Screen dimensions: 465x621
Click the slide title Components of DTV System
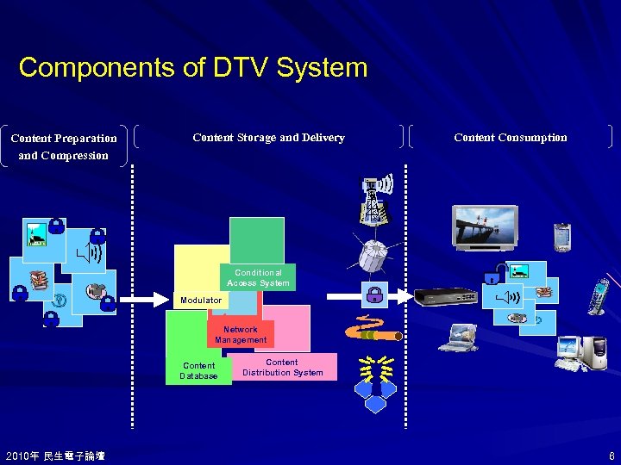click(x=192, y=67)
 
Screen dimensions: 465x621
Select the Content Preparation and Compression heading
click(x=64, y=146)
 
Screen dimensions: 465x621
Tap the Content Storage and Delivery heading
click(x=268, y=138)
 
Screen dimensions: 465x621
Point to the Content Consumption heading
click(x=510, y=138)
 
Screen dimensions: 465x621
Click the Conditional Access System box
click(x=259, y=277)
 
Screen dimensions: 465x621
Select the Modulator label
click(x=201, y=301)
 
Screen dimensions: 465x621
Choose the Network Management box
click(x=241, y=334)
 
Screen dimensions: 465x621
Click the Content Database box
click(x=198, y=370)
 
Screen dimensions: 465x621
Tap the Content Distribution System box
click(x=282, y=368)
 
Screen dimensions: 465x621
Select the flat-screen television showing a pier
click(x=486, y=226)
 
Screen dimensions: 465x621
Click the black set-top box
click(x=445, y=298)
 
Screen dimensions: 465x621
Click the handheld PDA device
click(x=562, y=237)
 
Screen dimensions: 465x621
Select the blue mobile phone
click(x=598, y=295)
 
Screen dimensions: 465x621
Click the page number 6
click(x=612, y=456)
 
